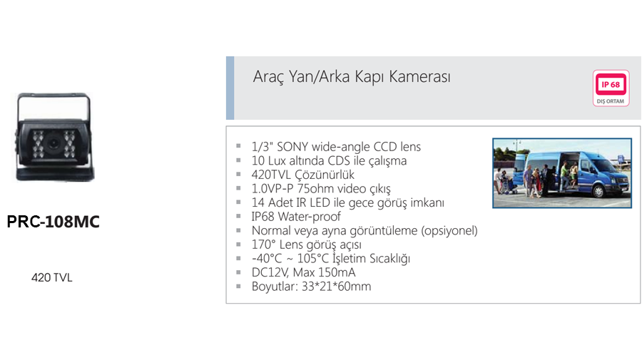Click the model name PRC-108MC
(53, 222)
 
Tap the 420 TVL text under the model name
(51, 278)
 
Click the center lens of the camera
(53, 143)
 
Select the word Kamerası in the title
(419, 77)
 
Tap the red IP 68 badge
(611, 84)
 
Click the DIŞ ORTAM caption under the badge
(611, 101)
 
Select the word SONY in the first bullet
(292, 146)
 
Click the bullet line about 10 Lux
(329, 161)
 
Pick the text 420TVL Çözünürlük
(303, 175)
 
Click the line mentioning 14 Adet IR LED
(347, 202)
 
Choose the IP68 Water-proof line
(296, 217)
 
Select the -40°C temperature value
(267, 259)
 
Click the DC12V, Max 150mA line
(303, 272)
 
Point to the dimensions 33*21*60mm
(336, 287)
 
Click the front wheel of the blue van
(598, 190)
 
